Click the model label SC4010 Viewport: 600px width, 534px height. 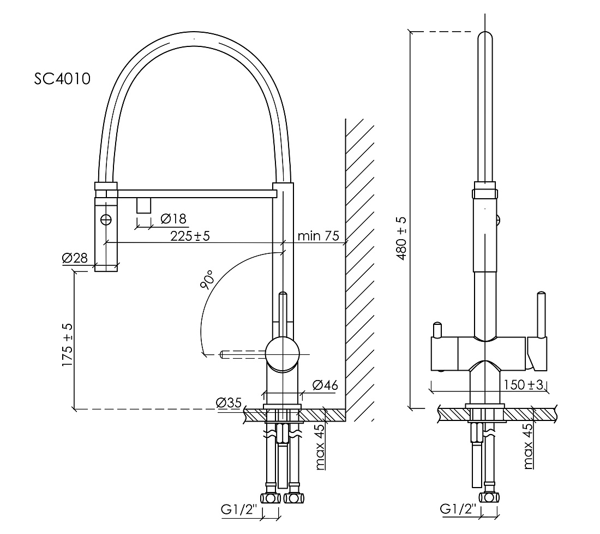pos(62,79)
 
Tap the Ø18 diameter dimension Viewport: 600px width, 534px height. pos(173,218)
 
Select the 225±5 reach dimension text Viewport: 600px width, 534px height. pos(190,235)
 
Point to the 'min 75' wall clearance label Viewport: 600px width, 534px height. pos(319,235)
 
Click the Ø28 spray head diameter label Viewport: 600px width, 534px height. pos(75,258)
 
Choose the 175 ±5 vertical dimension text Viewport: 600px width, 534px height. pos(67,345)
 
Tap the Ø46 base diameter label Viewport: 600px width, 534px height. pos(325,384)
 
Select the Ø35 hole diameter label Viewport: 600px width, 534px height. pos(229,402)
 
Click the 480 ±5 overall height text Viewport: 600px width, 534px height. pos(402,238)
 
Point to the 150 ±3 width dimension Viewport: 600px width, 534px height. pos(523,384)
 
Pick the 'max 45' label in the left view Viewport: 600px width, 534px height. pos(320,447)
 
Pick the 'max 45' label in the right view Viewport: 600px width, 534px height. pos(528,446)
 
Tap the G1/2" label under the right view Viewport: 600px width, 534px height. pos(458,509)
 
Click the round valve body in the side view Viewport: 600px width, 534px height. pos(283,355)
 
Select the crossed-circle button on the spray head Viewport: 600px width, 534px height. pos(106,219)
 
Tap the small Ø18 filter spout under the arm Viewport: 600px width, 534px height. pos(144,205)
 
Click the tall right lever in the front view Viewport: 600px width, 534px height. pos(541,315)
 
